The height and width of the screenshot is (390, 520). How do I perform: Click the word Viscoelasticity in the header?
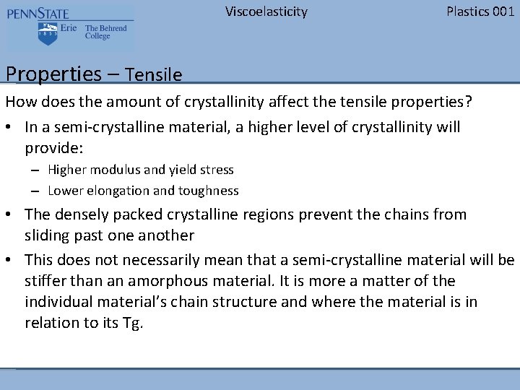266,12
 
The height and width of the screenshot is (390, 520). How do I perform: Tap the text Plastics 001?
480,12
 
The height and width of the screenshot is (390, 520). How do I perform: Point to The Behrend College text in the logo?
105,32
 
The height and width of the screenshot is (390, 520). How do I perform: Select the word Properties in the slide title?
53,74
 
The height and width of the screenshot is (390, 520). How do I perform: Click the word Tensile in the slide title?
153,74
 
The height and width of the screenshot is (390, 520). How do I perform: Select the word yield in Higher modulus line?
184,170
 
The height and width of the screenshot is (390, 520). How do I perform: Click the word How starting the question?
19,102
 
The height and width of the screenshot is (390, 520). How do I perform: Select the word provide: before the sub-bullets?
54,148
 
